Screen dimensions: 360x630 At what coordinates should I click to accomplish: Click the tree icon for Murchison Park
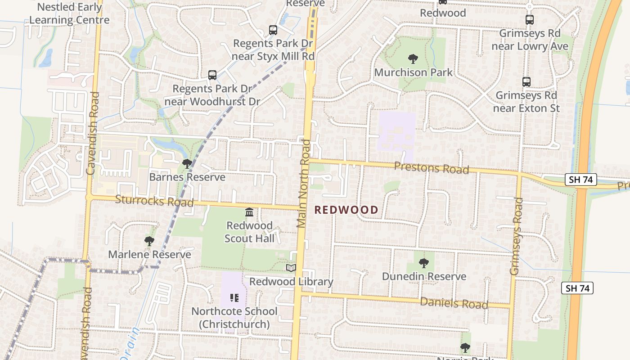tap(413, 58)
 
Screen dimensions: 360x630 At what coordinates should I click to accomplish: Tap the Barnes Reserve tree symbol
tap(187, 164)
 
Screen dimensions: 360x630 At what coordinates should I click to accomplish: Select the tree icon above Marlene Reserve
tap(149, 241)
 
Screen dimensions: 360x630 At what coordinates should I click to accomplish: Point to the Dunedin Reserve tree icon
tap(423, 263)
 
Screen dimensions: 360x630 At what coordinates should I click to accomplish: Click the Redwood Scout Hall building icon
tap(249, 212)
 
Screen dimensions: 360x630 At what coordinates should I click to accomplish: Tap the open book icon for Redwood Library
tap(291, 268)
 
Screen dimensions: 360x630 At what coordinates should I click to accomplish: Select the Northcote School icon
tap(234, 298)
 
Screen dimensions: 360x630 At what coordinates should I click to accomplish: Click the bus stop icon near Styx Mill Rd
tap(273, 30)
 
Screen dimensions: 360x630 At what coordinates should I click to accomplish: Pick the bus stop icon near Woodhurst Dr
tap(212, 75)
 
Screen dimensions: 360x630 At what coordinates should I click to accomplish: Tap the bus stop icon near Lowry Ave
tap(530, 20)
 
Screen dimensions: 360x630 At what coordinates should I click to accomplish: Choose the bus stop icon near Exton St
tap(526, 82)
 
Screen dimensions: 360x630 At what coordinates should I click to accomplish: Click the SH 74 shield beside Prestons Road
tap(580, 180)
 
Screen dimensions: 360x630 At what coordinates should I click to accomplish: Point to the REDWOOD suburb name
tap(346, 210)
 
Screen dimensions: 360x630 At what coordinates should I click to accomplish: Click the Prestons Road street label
tap(431, 168)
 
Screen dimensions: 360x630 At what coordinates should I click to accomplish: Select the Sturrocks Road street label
tap(154, 200)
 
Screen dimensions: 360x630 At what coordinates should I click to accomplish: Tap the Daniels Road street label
tap(454, 303)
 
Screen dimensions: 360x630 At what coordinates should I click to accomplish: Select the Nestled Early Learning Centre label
tap(69, 13)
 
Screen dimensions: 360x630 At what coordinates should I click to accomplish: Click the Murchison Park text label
tap(414, 72)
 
